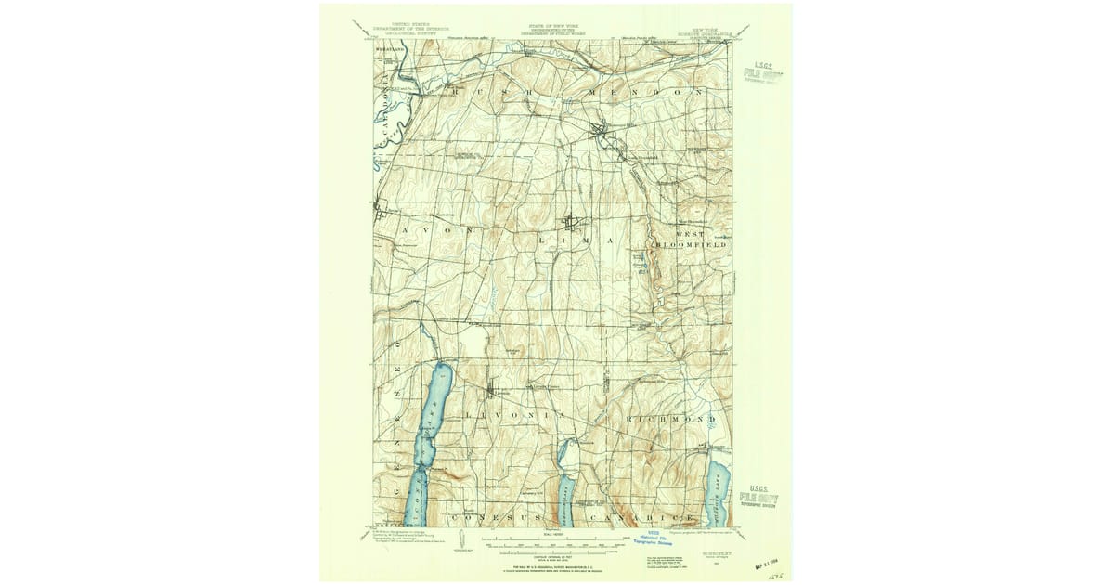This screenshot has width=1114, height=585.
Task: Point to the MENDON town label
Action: pyautogui.click(x=649, y=93)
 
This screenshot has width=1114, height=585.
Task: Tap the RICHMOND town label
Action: pyautogui.click(x=673, y=420)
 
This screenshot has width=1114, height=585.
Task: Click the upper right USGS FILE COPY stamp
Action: pyautogui.click(x=763, y=73)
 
